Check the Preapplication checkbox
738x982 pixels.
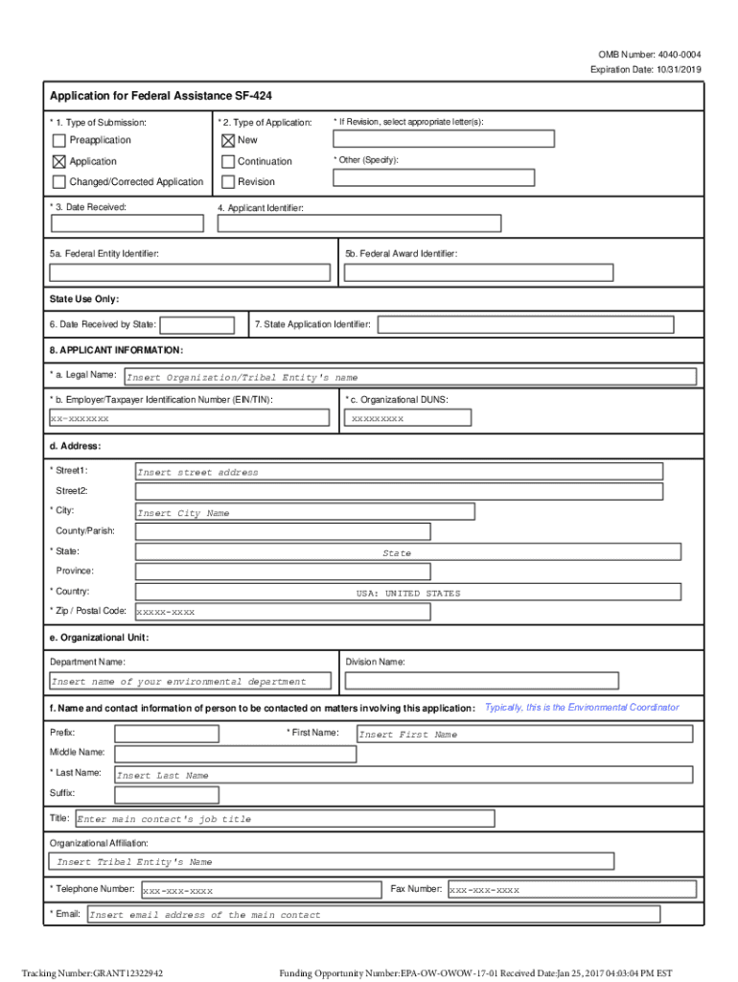[59, 141]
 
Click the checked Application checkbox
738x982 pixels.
[59, 161]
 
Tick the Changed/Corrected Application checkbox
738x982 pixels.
[59, 182]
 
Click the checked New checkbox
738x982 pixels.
[228, 141]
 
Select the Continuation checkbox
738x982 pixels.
[228, 161]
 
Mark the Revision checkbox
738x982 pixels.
[228, 182]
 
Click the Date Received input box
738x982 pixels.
[127, 223]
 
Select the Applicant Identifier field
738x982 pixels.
[358, 223]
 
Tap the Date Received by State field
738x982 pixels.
[197, 325]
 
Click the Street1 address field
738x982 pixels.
[399, 471]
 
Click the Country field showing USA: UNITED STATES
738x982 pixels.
[408, 593]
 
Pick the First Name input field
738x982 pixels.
[523, 734]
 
